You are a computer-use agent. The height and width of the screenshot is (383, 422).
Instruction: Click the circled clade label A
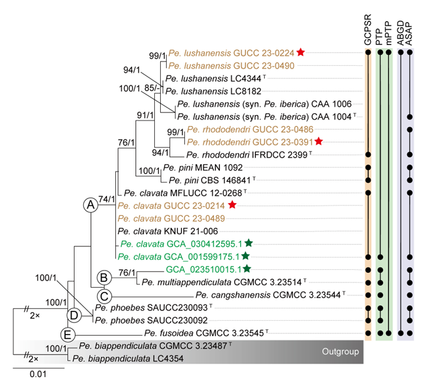coord(90,205)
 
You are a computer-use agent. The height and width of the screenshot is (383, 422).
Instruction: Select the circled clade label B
coord(103,276)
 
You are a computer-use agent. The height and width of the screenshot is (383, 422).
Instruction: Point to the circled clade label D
coord(73,314)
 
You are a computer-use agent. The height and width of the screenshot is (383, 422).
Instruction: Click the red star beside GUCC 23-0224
coord(301,52)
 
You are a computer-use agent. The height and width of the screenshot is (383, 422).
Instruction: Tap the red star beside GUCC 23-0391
coord(319,141)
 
